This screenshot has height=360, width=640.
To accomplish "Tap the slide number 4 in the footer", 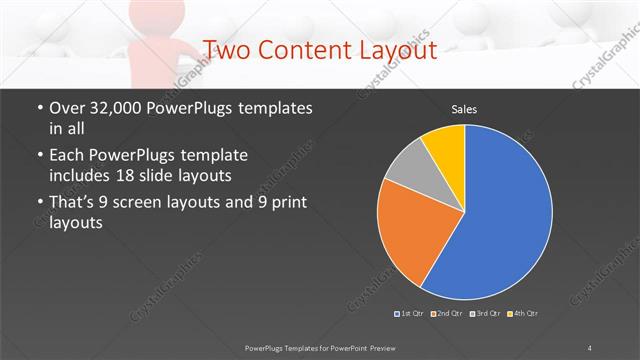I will (590, 347).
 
